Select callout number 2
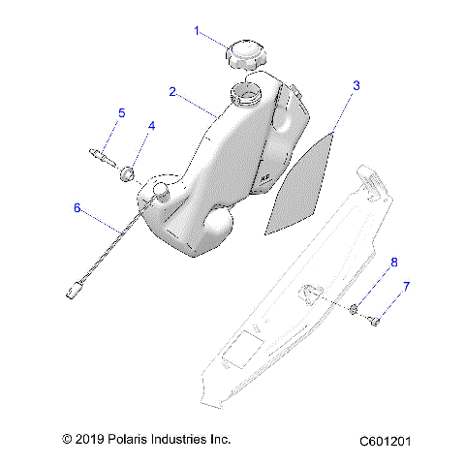click(x=172, y=92)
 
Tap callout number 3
click(x=356, y=86)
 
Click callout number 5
click(x=121, y=113)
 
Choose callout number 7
click(x=407, y=287)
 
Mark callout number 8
click(x=393, y=262)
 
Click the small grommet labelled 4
click(x=127, y=174)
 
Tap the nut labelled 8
click(x=356, y=310)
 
